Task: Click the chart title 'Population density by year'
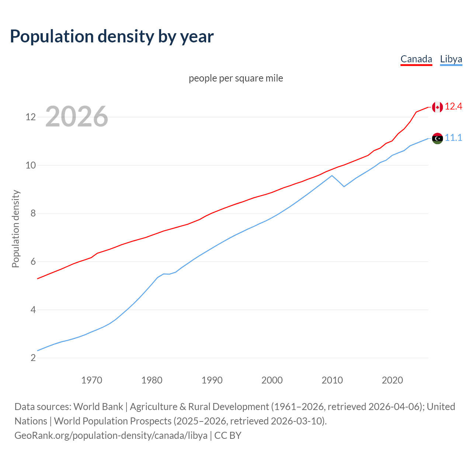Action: pos(112,37)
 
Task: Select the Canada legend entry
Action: pos(416,59)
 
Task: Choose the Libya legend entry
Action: pos(451,59)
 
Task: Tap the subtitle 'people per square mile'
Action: pos(236,78)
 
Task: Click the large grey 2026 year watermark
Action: pos(77,117)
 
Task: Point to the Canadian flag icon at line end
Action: pos(437,107)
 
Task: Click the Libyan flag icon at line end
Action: pos(437,138)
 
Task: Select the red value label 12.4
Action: pos(453,107)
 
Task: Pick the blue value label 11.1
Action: pos(453,138)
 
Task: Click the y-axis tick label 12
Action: pos(30,117)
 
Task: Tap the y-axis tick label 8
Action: pos(33,214)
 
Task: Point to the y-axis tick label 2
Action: pos(33,358)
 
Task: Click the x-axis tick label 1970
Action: pos(91,380)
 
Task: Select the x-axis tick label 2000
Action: pos(272,380)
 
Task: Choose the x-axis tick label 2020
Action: pos(392,380)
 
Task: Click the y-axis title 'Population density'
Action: pos(15,229)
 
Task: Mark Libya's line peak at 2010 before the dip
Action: pos(332,176)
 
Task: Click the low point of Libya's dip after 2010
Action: pos(344,187)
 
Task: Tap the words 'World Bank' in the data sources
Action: pos(98,407)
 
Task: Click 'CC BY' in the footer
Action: pos(228,435)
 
